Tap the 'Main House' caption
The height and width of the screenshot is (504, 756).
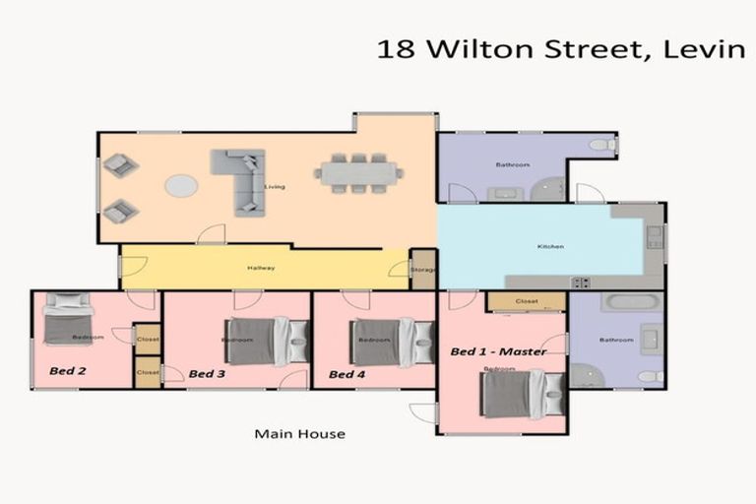click(299, 433)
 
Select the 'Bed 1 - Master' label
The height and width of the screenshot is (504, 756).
click(497, 351)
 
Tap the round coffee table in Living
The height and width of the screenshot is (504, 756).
click(180, 185)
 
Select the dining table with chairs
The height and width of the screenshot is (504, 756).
click(358, 173)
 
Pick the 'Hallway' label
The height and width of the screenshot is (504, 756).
click(261, 268)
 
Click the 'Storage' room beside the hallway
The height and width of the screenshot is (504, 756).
click(423, 270)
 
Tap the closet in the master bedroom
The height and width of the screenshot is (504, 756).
click(526, 301)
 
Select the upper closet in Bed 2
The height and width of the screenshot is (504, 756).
click(148, 339)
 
